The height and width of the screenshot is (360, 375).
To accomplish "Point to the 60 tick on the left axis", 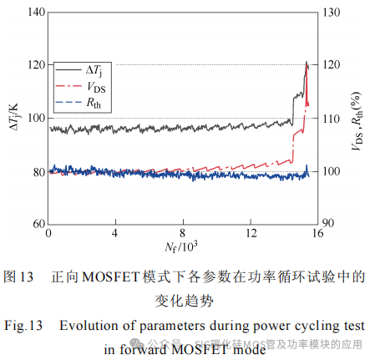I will click(x=37, y=225).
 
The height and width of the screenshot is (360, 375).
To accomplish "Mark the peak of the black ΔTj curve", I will click(x=307, y=63).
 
